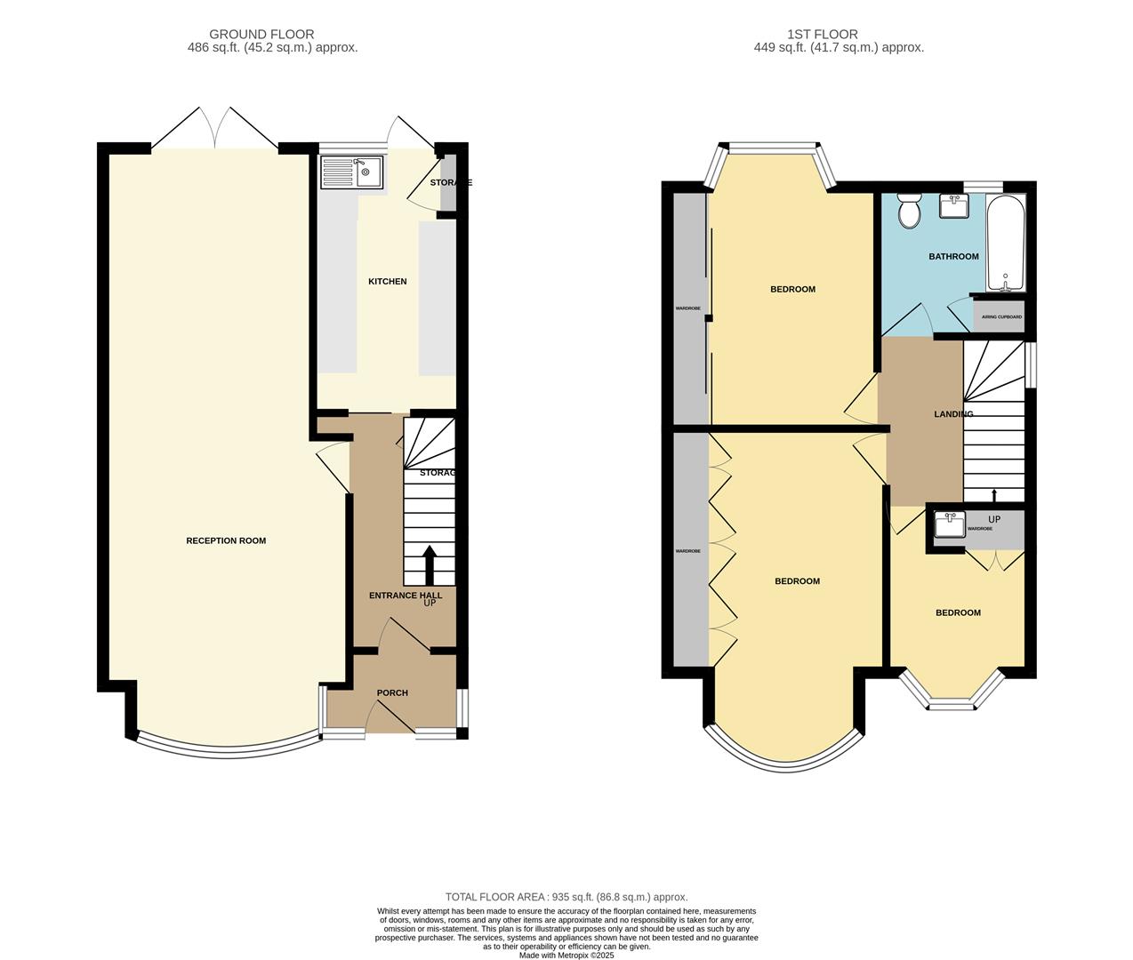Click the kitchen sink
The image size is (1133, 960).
[351, 172]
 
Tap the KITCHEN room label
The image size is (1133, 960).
[388, 282]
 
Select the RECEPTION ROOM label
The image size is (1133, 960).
[226, 540]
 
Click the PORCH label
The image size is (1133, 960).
[392, 692]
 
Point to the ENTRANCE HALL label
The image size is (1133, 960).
[406, 596]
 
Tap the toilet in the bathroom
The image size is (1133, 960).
[909, 212]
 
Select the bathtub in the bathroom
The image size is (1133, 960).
[1006, 243]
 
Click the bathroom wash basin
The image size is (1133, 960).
[954, 206]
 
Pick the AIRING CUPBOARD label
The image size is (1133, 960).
[1001, 316]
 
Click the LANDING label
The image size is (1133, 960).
[953, 414]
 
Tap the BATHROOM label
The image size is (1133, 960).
[953, 257]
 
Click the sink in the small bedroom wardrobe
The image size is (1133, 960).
[950, 524]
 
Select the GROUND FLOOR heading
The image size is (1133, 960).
[261, 35]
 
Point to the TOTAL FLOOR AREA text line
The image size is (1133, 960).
[566, 897]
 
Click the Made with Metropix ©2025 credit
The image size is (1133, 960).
[566, 956]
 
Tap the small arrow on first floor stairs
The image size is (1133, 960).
[994, 494]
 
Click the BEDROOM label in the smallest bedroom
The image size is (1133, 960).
[958, 612]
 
